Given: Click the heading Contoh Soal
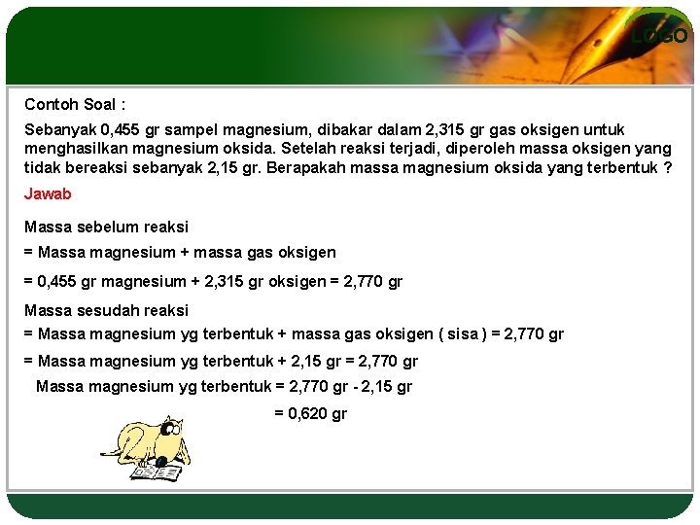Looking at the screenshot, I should pyautogui.click(x=75, y=104).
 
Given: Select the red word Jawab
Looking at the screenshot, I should pyautogui.click(x=48, y=193).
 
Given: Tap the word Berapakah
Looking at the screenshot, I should pyautogui.click(x=326, y=166).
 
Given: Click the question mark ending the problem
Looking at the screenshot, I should pyautogui.click(x=667, y=166).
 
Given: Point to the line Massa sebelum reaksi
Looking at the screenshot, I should pyautogui.click(x=106, y=227).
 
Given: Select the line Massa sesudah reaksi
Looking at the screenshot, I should pyautogui.click(x=106, y=310).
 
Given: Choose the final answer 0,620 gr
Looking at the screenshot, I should pyautogui.click(x=310, y=413).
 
